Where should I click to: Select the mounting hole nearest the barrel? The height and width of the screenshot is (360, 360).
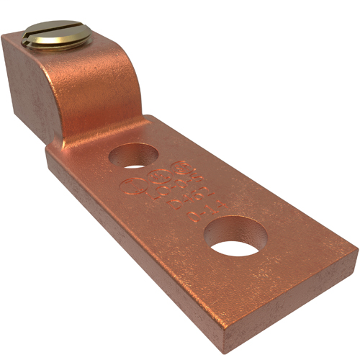click(x=137, y=156)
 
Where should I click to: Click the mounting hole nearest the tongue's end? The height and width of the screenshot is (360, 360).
click(x=235, y=236)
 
